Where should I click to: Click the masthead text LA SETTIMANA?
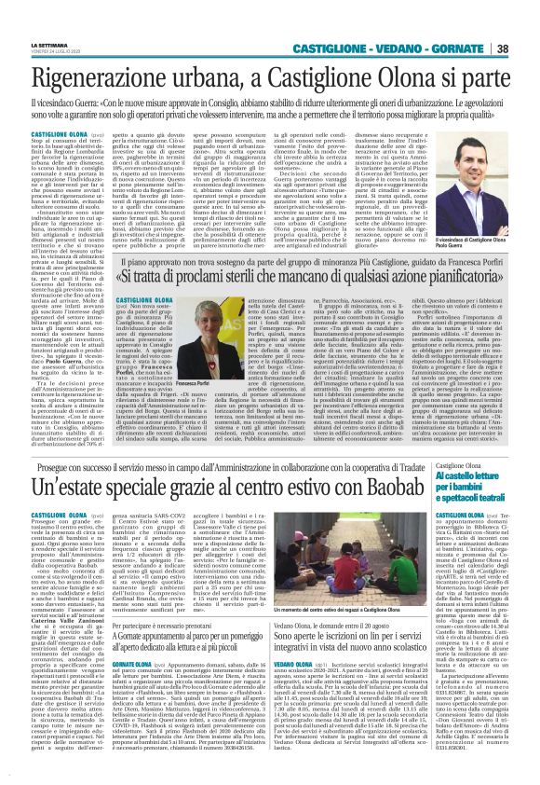pyautogui.click(x=50, y=44)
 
